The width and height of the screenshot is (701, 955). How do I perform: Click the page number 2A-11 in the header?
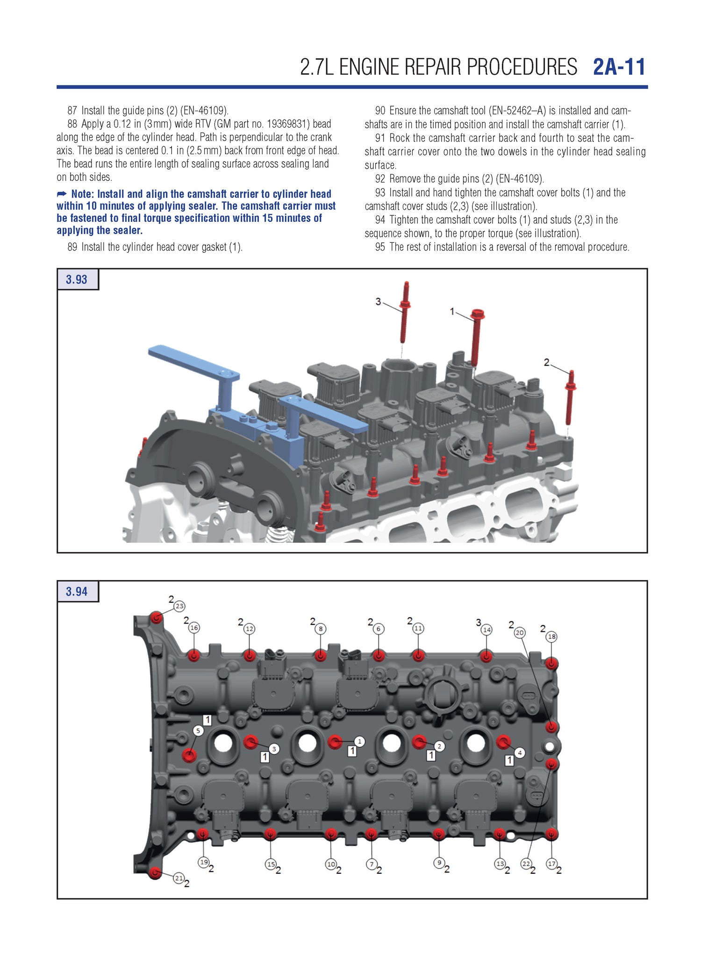(x=619, y=67)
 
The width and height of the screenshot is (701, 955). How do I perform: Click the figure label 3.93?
(x=77, y=280)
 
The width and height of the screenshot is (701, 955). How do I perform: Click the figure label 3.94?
(x=77, y=592)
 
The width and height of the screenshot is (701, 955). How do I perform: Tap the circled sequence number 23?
(x=179, y=606)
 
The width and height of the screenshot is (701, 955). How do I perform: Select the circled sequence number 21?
(x=179, y=878)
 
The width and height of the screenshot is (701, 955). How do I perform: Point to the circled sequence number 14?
(x=487, y=630)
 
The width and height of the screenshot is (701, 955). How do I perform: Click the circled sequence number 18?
(x=552, y=637)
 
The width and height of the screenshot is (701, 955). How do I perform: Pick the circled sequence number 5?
(x=198, y=731)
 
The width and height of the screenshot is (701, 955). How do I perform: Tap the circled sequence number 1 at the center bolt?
(x=359, y=741)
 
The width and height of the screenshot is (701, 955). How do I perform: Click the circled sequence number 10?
(x=331, y=864)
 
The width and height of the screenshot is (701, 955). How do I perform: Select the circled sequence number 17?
(x=552, y=863)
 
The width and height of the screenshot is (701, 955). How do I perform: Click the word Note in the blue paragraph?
(x=82, y=194)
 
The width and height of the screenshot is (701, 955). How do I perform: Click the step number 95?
(x=380, y=247)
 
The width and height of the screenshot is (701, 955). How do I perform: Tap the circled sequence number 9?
(x=439, y=863)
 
